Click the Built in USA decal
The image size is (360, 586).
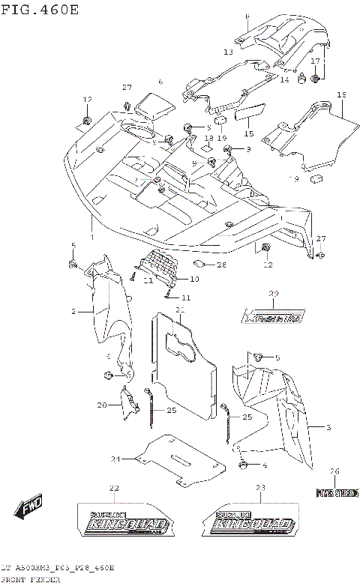(275, 318)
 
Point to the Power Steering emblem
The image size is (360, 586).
(334, 492)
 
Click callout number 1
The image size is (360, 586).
(92, 238)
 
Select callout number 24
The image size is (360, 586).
(115, 459)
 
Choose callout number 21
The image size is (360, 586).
(180, 309)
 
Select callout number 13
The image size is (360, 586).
(228, 52)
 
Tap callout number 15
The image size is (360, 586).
(249, 134)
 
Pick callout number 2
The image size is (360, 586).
(74, 310)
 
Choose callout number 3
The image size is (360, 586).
(328, 427)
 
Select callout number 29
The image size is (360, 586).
(274, 293)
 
